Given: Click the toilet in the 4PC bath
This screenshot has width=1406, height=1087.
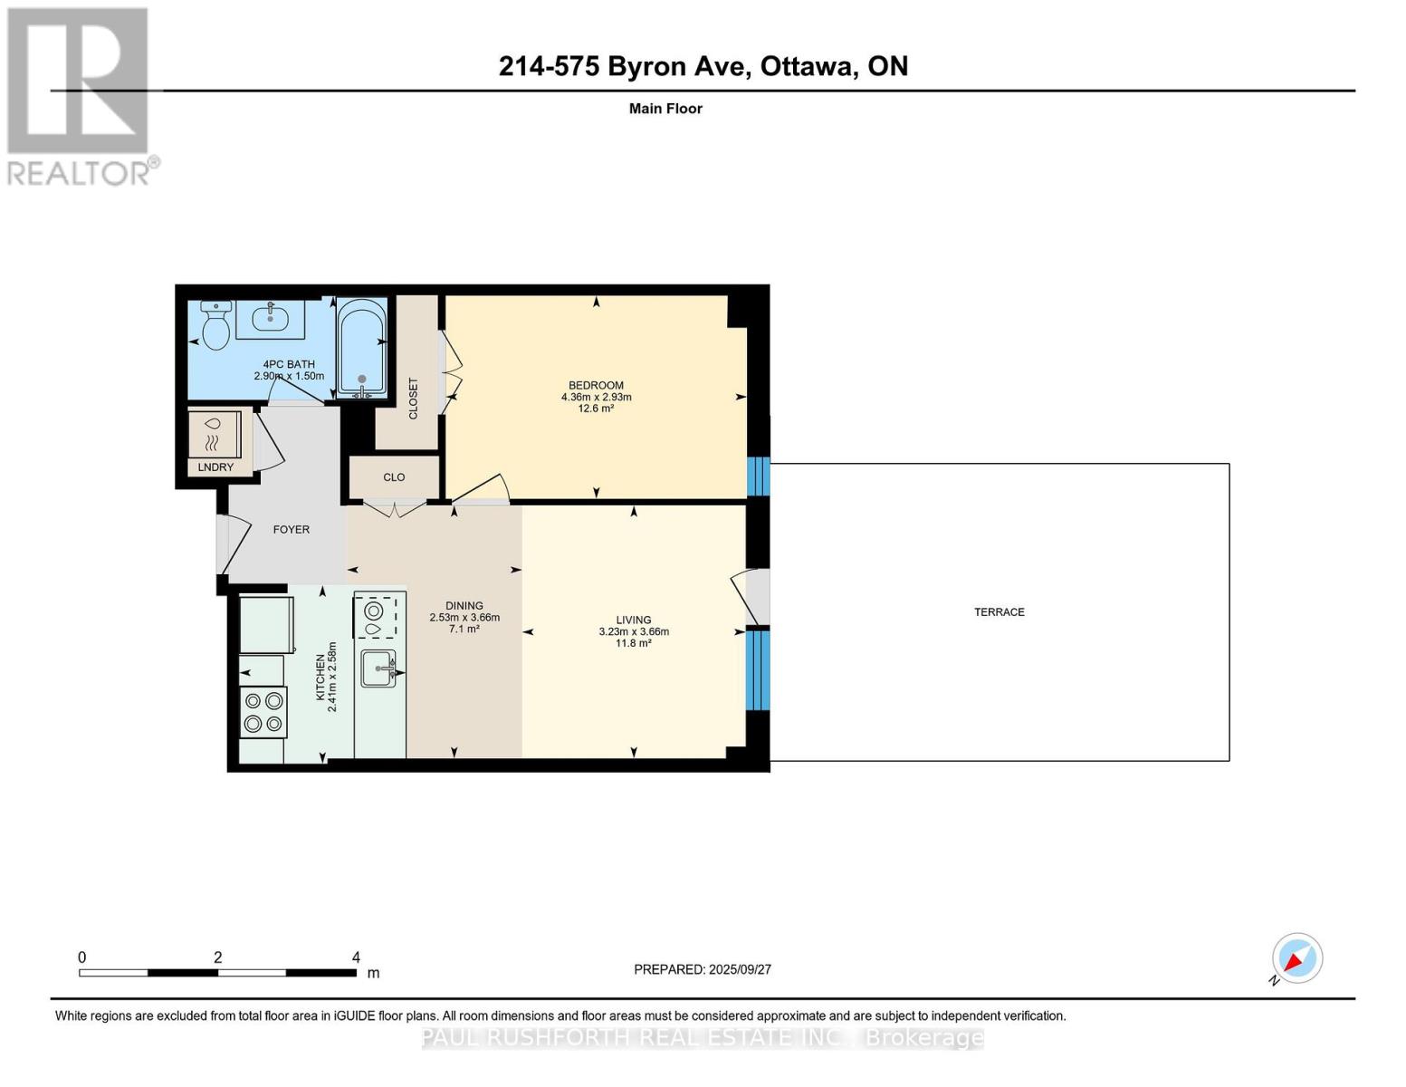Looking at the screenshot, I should tap(215, 327).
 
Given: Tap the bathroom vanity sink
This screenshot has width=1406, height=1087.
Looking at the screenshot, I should tap(270, 318).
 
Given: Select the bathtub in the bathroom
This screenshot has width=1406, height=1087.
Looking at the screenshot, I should tap(362, 349).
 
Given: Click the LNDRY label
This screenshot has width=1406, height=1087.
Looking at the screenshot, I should tap(215, 467).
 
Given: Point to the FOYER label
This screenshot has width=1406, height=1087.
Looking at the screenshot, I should tap(291, 530).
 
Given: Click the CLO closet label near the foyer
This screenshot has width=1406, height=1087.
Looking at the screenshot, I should tap(394, 477).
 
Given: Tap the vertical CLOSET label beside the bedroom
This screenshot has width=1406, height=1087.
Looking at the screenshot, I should tap(414, 399).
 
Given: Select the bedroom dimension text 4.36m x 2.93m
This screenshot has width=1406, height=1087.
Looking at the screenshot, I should tap(596, 397).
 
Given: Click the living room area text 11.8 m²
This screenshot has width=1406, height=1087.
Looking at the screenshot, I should tap(633, 643).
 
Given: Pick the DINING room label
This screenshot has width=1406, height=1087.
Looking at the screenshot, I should tap(464, 606).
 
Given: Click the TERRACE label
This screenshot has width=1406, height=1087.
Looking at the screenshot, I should tap(999, 612).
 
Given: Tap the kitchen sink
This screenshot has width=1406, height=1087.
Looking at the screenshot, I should tap(378, 669).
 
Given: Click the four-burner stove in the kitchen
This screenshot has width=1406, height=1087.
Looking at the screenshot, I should tap(263, 712).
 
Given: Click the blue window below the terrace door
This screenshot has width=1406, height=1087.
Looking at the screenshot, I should tap(759, 670).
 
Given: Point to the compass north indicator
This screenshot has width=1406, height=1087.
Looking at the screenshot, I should tap(1296, 958).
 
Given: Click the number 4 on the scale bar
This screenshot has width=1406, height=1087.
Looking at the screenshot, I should tap(356, 957).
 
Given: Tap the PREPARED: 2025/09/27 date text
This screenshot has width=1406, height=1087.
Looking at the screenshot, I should tap(702, 969).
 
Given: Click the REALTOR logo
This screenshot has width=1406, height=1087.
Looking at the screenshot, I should tap(80, 96).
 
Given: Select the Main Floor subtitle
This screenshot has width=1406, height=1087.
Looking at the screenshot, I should tap(665, 109).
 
